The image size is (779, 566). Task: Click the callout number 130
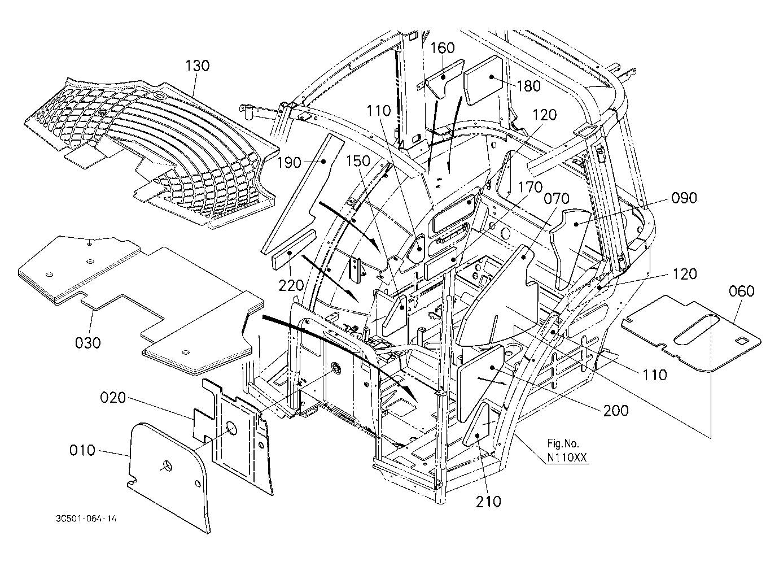point(197,66)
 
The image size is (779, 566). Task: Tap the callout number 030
point(88,343)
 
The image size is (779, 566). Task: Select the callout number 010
point(82,450)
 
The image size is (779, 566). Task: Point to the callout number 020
point(113,398)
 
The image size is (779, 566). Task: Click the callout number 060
point(741,291)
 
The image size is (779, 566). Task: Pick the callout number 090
point(684,198)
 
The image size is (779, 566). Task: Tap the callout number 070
point(557,199)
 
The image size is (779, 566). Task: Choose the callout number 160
point(443,48)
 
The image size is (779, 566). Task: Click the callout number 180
point(529,86)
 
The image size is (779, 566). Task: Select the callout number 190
point(289,163)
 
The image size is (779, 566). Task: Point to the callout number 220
point(291,286)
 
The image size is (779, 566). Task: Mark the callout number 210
point(489,502)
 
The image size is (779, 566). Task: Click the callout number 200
point(616,411)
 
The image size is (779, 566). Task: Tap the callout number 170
point(531,188)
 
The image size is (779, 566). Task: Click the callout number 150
point(358,161)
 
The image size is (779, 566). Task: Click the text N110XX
point(567,458)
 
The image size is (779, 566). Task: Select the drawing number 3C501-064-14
point(86,519)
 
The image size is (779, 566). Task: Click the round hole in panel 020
point(231,428)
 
